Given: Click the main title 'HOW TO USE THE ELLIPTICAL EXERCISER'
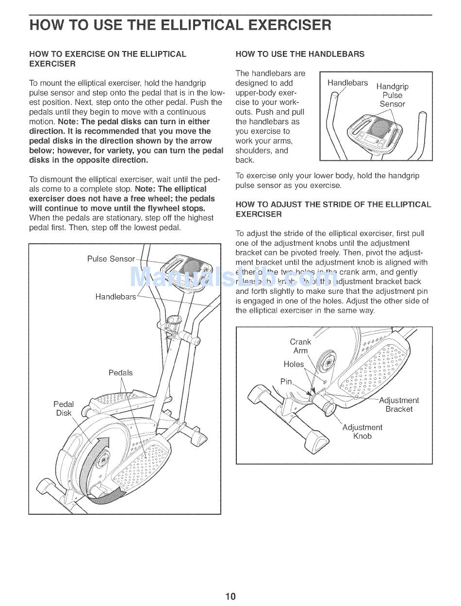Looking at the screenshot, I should [180, 25].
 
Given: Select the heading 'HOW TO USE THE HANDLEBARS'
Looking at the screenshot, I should [300, 54].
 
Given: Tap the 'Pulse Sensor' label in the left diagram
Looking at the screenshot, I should [111, 259].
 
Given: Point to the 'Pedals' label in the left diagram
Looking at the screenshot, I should [120, 373].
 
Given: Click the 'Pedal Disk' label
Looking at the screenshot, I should [64, 408].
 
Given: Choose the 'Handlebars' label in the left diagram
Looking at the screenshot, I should [115, 297].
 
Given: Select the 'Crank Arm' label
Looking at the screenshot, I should [300, 346].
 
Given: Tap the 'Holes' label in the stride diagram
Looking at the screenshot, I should [294, 364].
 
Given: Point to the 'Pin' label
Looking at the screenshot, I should [286, 382].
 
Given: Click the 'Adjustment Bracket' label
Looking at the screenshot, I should [399, 404].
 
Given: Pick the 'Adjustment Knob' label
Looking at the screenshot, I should [362, 432].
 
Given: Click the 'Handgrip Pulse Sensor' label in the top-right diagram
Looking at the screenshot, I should [392, 95].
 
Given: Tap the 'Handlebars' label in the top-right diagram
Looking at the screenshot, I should [347, 83].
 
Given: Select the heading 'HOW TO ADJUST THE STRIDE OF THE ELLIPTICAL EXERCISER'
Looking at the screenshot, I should [333, 209].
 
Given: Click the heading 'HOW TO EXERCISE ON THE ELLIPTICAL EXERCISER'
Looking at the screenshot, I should [108, 59].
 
